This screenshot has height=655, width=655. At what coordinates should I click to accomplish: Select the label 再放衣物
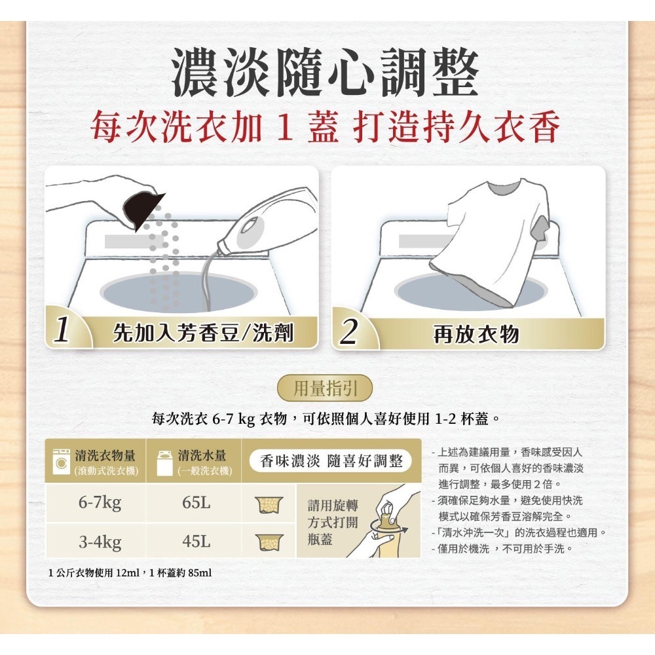click(476, 334)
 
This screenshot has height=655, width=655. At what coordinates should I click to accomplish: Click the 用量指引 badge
click(326, 389)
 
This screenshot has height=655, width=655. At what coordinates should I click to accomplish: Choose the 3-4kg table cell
click(100, 542)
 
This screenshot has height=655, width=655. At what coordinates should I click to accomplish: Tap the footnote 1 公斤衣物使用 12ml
click(130, 573)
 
